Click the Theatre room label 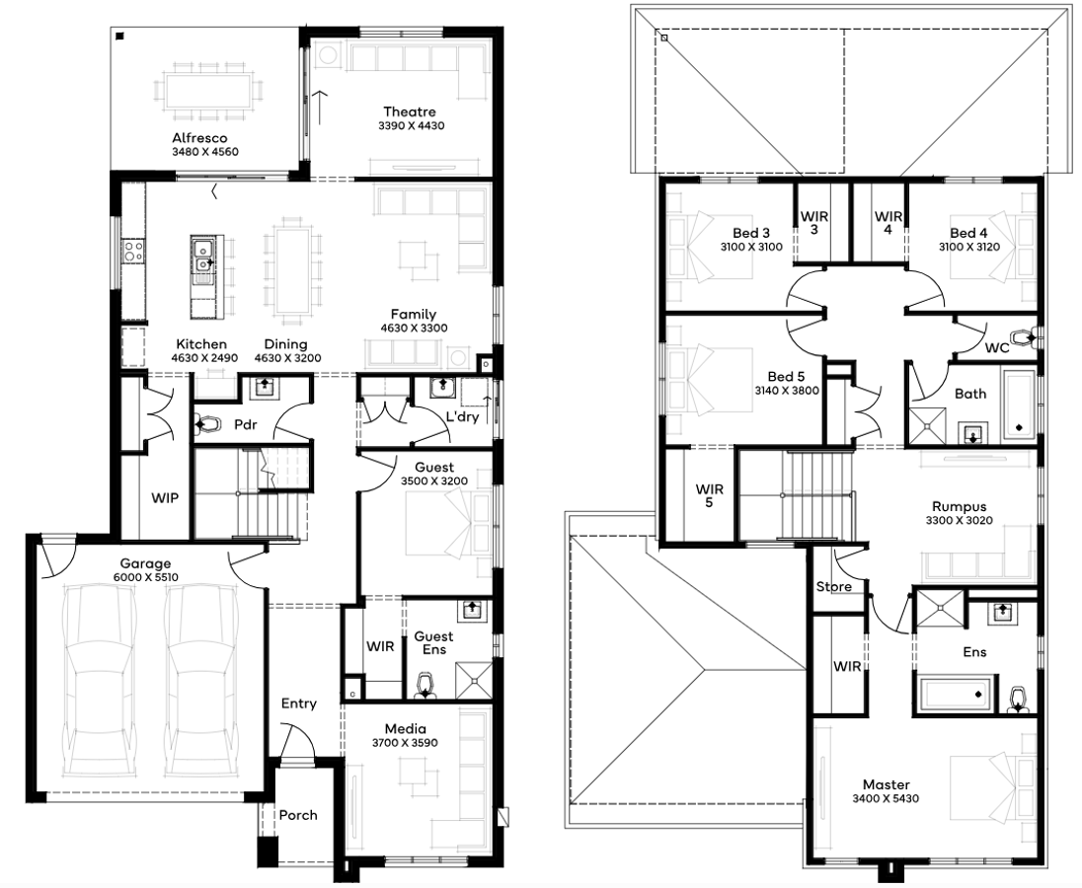click(410, 111)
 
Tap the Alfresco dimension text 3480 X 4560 click(205, 152)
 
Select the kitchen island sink click(203, 257)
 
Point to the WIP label click(165, 498)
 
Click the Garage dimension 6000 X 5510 click(145, 577)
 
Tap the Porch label click(298, 816)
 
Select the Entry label click(299, 703)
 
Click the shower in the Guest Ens click(474, 681)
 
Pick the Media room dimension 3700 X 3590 click(405, 743)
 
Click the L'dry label click(462, 417)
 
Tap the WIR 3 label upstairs click(814, 223)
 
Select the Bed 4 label click(968, 233)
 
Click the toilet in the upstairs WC click(1024, 337)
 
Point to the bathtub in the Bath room click(1019, 405)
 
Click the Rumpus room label click(960, 507)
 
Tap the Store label click(833, 587)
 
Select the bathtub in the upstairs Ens click(956, 695)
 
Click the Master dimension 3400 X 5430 click(886, 799)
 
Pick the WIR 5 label click(710, 495)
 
